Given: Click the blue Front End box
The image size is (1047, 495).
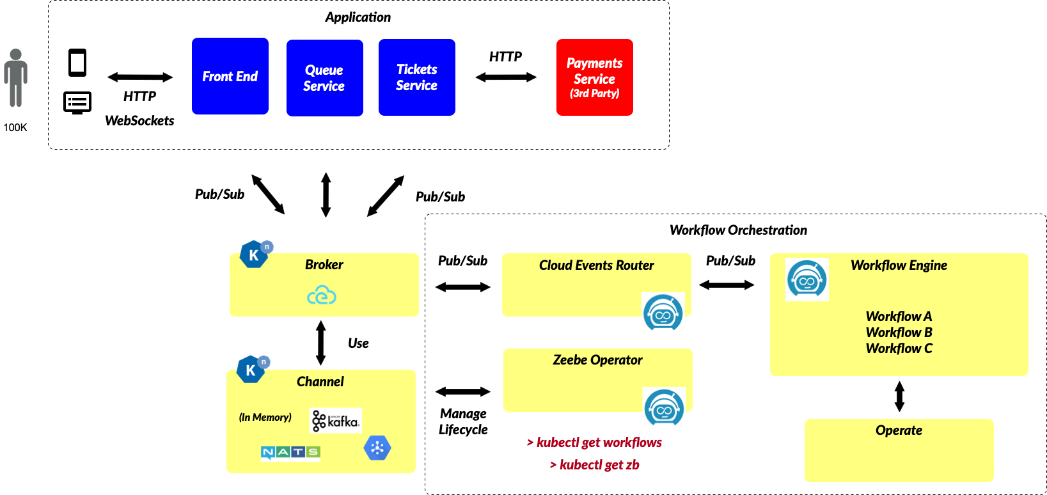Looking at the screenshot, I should point(230,76).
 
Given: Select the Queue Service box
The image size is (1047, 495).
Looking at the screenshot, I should point(324,78).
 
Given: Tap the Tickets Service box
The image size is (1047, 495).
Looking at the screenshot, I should point(416,77).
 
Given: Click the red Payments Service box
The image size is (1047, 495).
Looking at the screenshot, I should point(594,77).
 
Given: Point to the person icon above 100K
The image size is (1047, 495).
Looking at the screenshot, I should point(15,78).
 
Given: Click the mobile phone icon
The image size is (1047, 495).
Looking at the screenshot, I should point(77,63).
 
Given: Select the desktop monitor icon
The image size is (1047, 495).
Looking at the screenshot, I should point(77,102).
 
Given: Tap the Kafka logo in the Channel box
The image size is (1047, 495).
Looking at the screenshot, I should point(336,420).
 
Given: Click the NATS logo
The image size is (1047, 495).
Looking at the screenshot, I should point(290,452).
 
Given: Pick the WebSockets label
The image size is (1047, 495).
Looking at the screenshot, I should point(139,121).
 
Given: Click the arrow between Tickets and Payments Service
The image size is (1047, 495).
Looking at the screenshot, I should point(506,77).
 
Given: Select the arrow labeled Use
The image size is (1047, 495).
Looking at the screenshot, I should point(321,343).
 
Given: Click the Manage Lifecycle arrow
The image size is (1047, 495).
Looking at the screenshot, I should point(463,391).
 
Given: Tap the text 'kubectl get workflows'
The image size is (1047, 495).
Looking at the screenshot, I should point(595,443).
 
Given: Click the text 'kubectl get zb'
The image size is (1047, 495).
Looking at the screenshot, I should point(595,465).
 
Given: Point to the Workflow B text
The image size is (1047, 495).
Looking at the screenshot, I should point(899,333).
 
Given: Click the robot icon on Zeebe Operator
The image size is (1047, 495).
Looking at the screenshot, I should point(664,407).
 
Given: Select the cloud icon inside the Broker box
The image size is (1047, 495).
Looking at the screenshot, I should point(322,295).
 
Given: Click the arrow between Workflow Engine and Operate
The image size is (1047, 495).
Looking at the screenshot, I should point(899,397).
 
